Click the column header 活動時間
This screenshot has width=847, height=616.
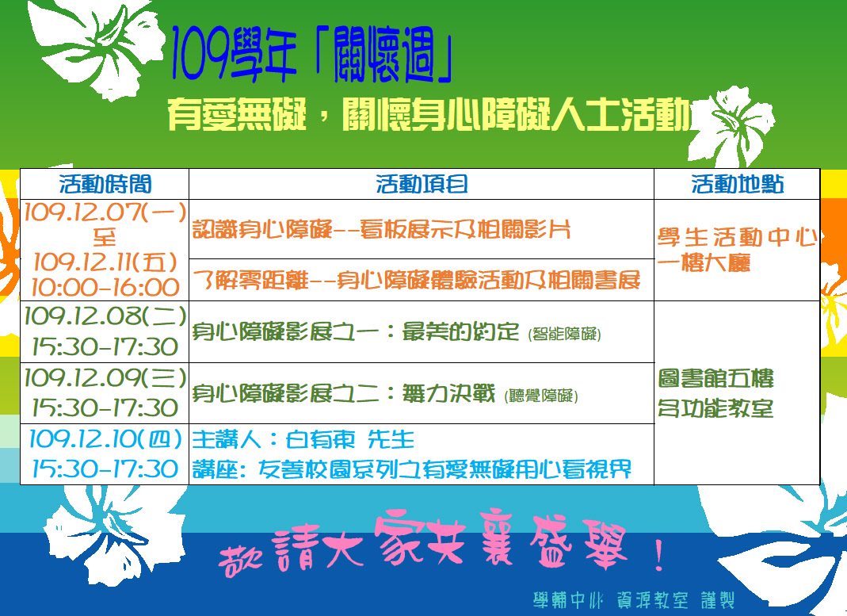pyautogui.click(x=105, y=184)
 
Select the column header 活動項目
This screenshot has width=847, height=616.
pyautogui.click(x=422, y=184)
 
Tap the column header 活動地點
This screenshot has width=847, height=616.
pyautogui.click(x=738, y=184)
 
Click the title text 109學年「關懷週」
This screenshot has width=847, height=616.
pyautogui.click(x=311, y=56)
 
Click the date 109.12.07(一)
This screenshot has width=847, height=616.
pyautogui.click(x=105, y=212)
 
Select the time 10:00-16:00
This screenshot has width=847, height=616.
pyautogui.click(x=105, y=287)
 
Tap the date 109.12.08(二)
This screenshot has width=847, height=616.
pyautogui.click(x=105, y=316)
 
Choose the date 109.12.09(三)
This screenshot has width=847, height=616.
pyautogui.click(x=105, y=377)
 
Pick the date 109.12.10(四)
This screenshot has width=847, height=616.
pyautogui.click(x=105, y=438)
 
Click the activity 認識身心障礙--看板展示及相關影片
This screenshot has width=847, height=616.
pyautogui.click(x=382, y=230)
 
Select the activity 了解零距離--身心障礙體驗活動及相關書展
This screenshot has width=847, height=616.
pyautogui.click(x=417, y=280)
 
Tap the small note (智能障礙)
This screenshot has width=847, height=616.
pyautogui.click(x=564, y=334)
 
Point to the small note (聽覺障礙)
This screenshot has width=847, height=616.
pyautogui.click(x=541, y=396)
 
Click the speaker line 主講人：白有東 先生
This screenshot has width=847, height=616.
pyautogui.click(x=303, y=439)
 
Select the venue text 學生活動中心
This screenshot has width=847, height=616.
pyautogui.click(x=738, y=237)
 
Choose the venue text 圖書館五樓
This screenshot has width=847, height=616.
pyautogui.click(x=715, y=378)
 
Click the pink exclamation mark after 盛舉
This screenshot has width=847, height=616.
pyautogui.click(x=658, y=555)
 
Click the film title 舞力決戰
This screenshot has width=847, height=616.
pyautogui.click(x=448, y=393)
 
